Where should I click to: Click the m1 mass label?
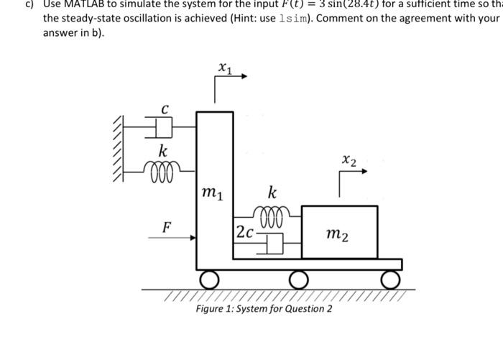(x=213, y=192)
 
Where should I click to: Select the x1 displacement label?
(x=224, y=70)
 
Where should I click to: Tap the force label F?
(x=166, y=227)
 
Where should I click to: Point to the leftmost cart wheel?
(x=208, y=278)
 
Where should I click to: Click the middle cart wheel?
(x=298, y=278)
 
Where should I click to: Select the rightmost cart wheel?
(x=392, y=278)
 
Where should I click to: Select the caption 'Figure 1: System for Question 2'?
(x=264, y=309)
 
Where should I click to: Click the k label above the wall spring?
(x=164, y=152)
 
